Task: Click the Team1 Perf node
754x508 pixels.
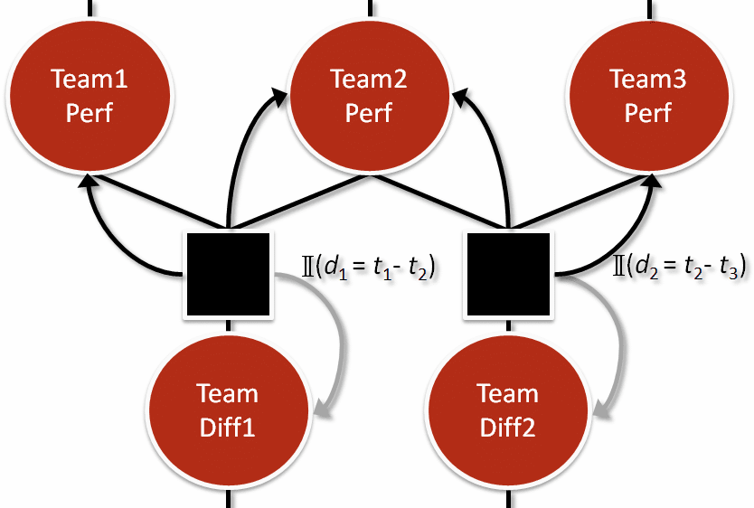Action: pos(90,96)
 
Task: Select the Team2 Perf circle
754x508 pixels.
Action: pos(369,96)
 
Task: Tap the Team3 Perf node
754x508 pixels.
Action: pos(648,96)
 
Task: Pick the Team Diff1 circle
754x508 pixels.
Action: pos(228,409)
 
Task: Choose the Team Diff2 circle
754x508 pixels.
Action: pos(507,409)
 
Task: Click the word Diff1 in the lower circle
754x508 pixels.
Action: pos(228,426)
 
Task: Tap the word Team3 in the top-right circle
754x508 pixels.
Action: pos(648,80)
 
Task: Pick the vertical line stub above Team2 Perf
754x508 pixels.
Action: pos(369,8)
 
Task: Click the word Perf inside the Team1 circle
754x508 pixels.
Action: pos(90,113)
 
